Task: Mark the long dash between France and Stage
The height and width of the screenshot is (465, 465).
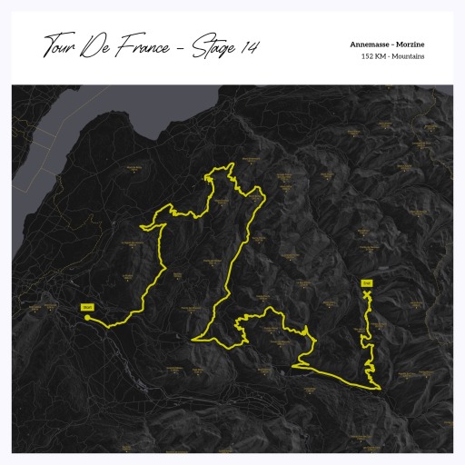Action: [182, 47]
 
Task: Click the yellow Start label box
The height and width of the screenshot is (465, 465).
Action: [87, 307]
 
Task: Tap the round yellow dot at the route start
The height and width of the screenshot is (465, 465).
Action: [87, 318]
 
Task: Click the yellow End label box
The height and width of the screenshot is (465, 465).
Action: [368, 282]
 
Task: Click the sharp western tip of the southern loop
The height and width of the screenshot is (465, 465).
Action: [193, 340]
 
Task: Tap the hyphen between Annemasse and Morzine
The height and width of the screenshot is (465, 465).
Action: [391, 45]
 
